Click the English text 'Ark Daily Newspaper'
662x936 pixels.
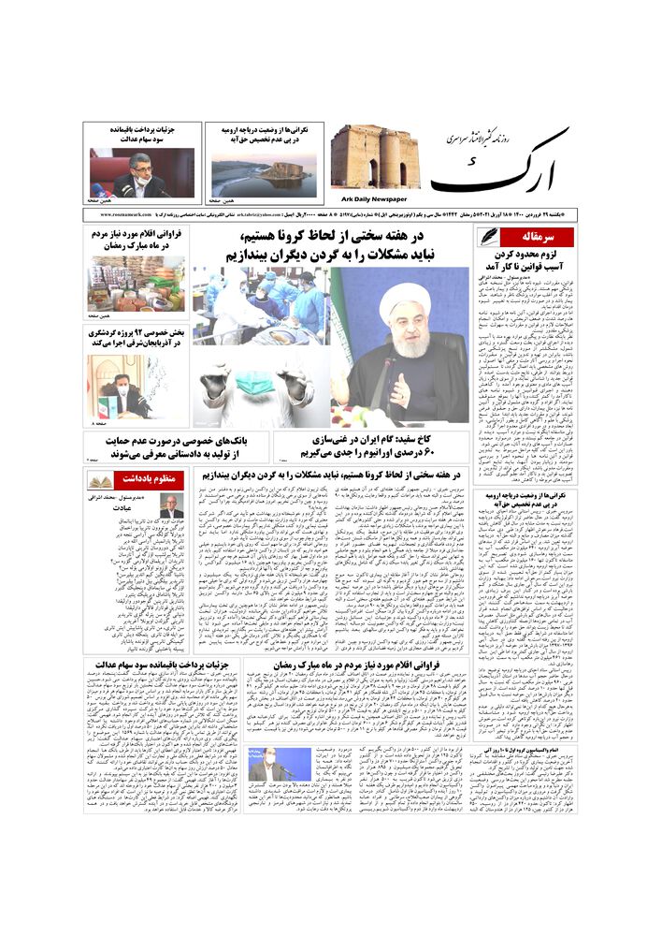tap(375, 198)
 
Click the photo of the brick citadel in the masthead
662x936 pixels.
tap(375, 158)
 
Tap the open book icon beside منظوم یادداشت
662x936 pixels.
tap(100, 480)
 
